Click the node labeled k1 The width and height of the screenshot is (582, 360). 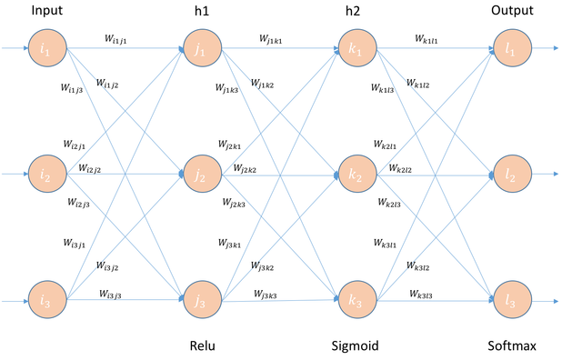pyautogui.click(x=356, y=48)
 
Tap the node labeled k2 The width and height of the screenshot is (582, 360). pyautogui.click(x=356, y=172)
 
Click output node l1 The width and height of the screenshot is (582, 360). pyautogui.click(x=509, y=48)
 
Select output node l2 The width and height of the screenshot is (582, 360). pyautogui.click(x=509, y=172)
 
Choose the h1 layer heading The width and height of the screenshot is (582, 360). pyautogui.click(x=199, y=11)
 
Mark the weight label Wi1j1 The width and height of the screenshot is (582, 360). pyautogui.click(x=121, y=40)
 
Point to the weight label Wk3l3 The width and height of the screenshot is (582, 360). pyautogui.click(x=427, y=294)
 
